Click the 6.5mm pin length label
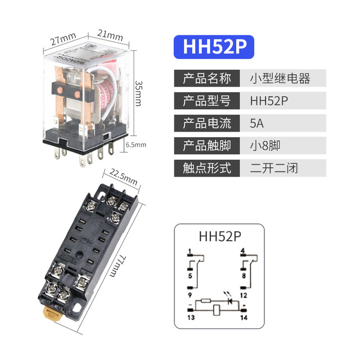pos(136,145)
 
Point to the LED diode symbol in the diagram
pos(229,301)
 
